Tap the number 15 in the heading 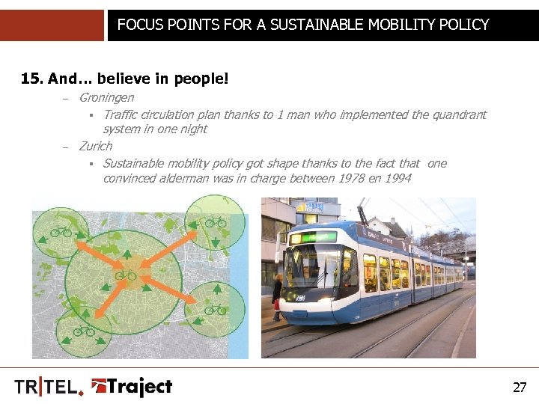30,78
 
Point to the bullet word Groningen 106,97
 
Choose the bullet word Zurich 95,146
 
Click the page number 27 520,388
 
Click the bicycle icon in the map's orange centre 125,275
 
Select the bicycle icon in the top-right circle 216,221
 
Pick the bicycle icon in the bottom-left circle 83,330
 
